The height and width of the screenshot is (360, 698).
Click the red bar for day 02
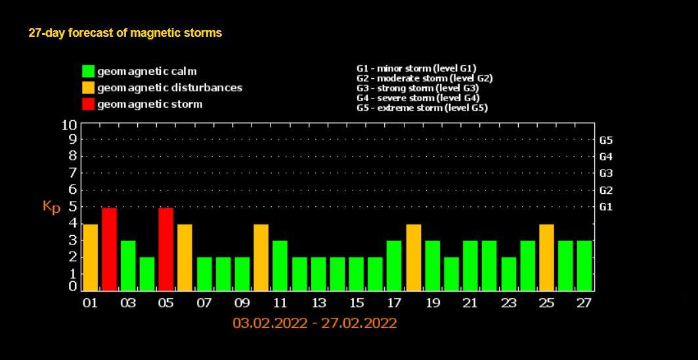click(x=109, y=248)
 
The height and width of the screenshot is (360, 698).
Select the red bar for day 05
click(x=166, y=248)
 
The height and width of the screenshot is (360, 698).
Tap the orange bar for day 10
click(x=261, y=257)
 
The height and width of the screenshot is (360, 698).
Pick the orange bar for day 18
click(x=414, y=257)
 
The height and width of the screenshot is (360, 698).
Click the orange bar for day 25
click(x=547, y=257)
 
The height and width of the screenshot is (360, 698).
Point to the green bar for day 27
click(x=584, y=265)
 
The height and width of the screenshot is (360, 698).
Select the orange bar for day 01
click(x=91, y=257)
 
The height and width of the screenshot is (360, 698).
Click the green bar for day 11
click(x=280, y=265)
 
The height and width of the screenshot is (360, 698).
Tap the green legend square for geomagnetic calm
click(x=88, y=71)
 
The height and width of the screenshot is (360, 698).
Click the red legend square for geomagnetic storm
click(x=88, y=104)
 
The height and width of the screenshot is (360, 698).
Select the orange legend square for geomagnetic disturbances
click(x=88, y=87)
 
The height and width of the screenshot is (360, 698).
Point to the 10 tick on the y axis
click(x=69, y=124)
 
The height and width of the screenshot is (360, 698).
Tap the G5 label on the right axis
click(x=606, y=140)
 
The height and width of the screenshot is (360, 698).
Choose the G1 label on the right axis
click(x=606, y=206)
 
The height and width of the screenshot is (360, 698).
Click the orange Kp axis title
click(x=51, y=206)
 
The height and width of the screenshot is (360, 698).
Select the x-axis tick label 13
click(x=318, y=303)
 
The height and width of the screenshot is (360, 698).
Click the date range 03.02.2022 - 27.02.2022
click(x=315, y=323)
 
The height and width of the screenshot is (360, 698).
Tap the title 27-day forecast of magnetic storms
click(x=125, y=33)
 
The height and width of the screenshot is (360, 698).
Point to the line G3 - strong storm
click(x=418, y=87)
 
